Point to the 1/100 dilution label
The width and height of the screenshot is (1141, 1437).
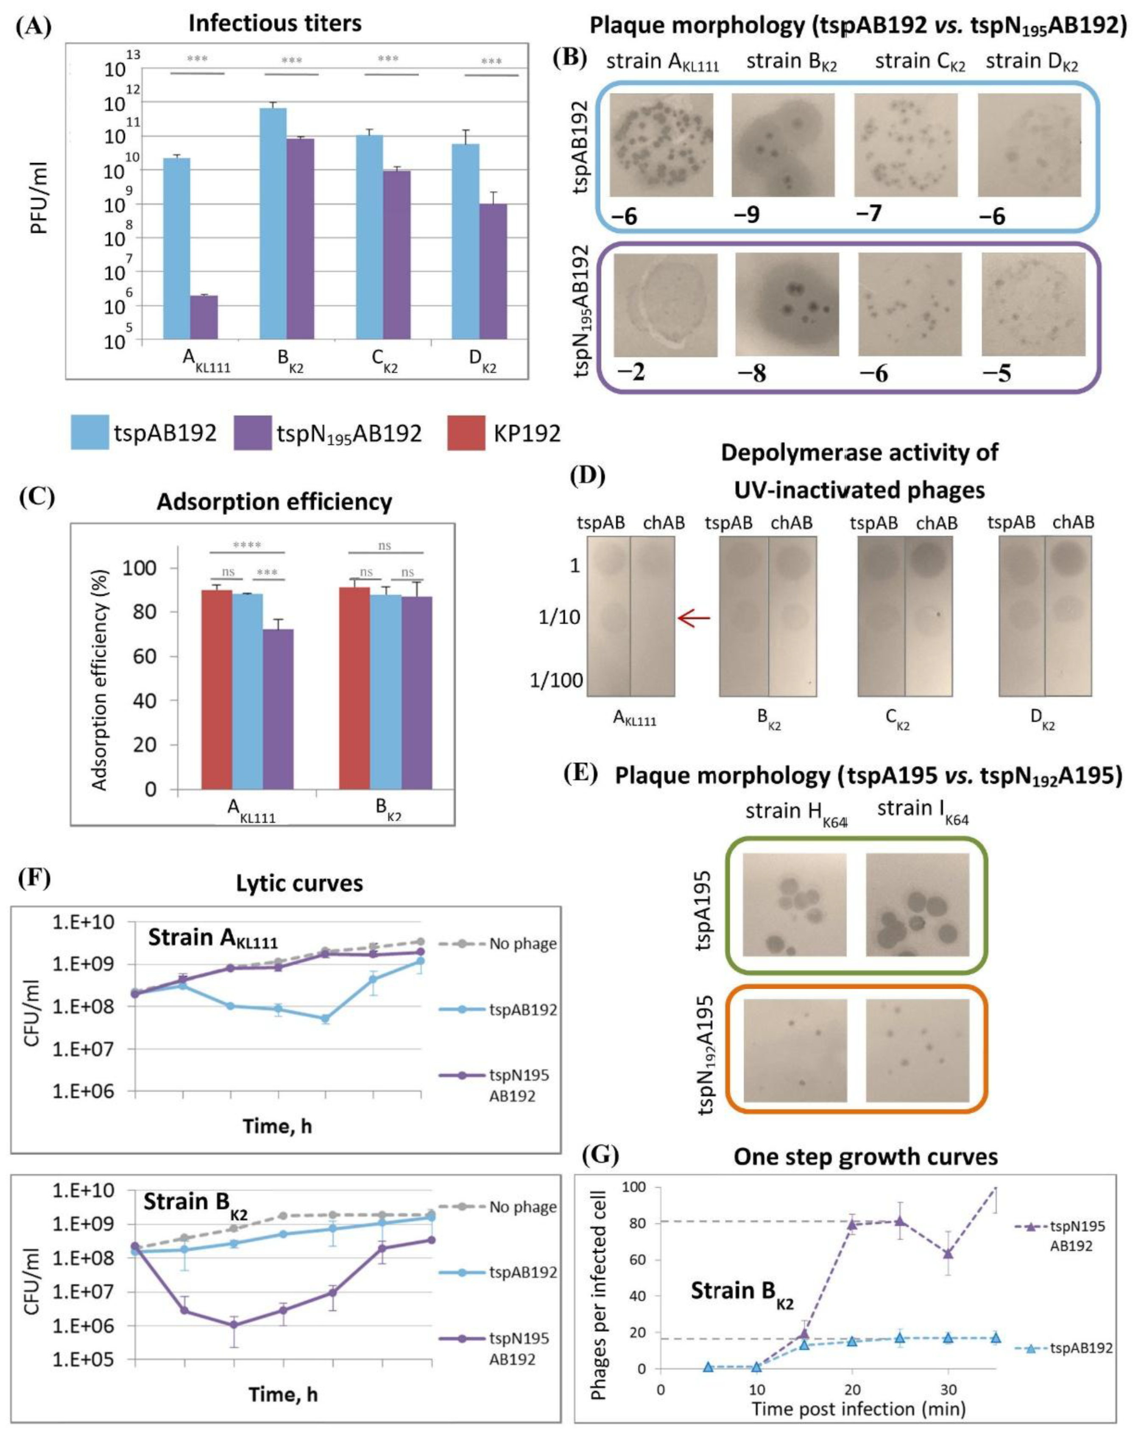tap(556, 681)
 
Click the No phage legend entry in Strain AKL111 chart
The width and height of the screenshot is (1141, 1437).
tap(522, 944)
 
